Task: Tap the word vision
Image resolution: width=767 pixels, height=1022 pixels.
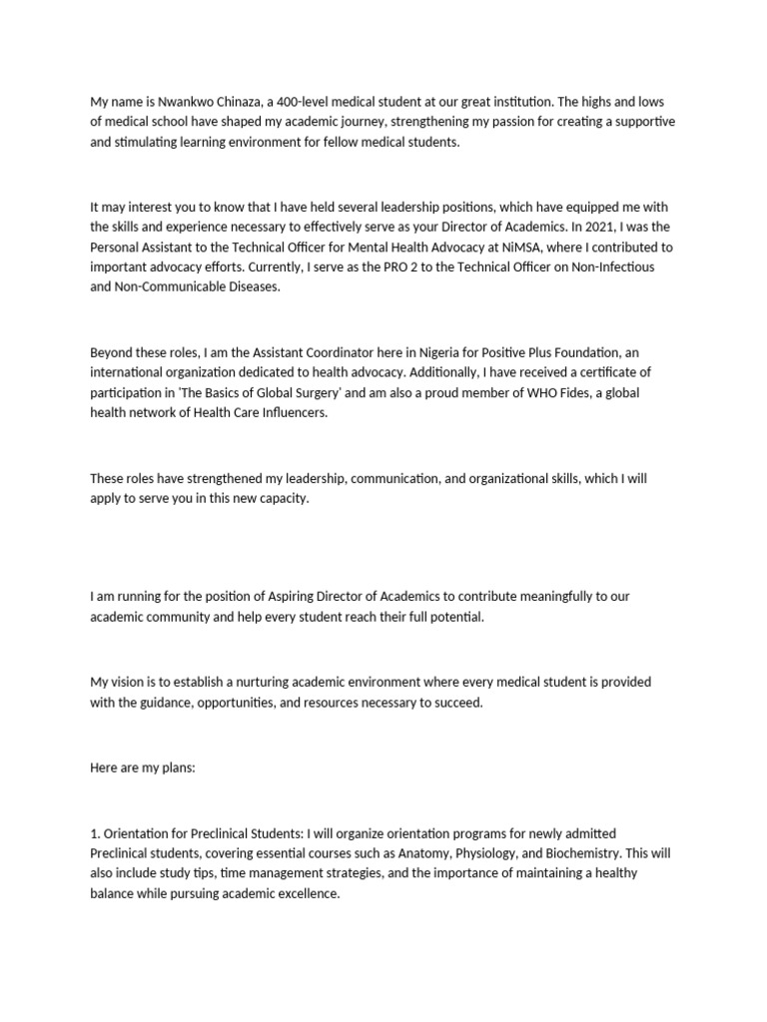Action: click(131, 682)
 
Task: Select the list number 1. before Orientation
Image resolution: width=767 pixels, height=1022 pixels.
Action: click(95, 832)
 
